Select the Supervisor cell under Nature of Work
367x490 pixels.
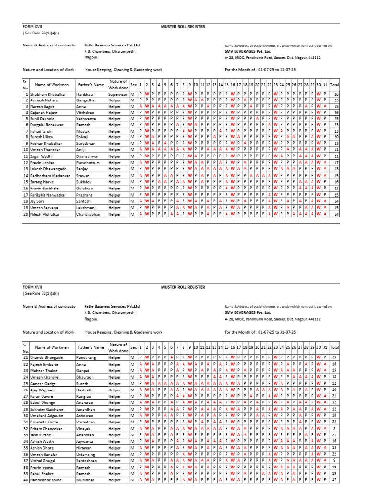tap(118, 94)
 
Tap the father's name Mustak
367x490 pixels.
tap(83, 131)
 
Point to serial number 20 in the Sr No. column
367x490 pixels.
tap(25, 214)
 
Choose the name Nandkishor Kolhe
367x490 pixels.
tap(46, 479)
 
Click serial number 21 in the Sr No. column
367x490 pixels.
tap(25, 357)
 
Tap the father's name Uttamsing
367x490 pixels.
tap(86, 453)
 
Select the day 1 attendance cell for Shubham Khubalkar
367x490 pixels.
tap(140, 94)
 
